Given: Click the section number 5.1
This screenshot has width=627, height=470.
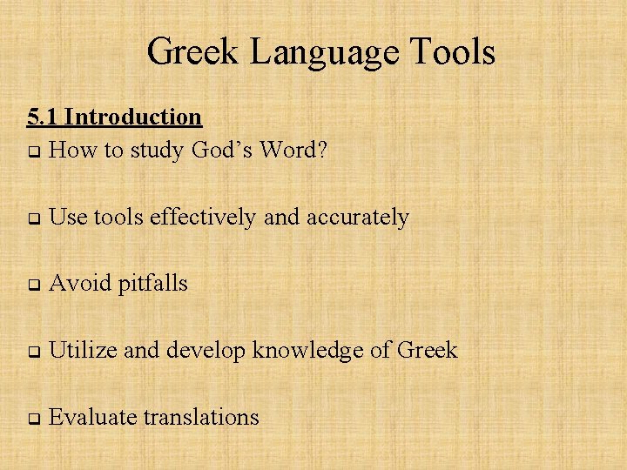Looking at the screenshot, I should pyautogui.click(x=43, y=117).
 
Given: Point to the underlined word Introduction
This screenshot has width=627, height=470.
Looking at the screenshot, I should pyautogui.click(x=132, y=117).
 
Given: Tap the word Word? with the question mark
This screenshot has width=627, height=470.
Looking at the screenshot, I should pyautogui.click(x=293, y=151).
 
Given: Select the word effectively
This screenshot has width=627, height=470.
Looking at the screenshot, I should pyautogui.click(x=205, y=218).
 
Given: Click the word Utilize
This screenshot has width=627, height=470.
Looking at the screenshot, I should pyautogui.click(x=83, y=351).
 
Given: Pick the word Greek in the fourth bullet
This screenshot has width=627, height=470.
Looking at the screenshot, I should pyautogui.click(x=427, y=351).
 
